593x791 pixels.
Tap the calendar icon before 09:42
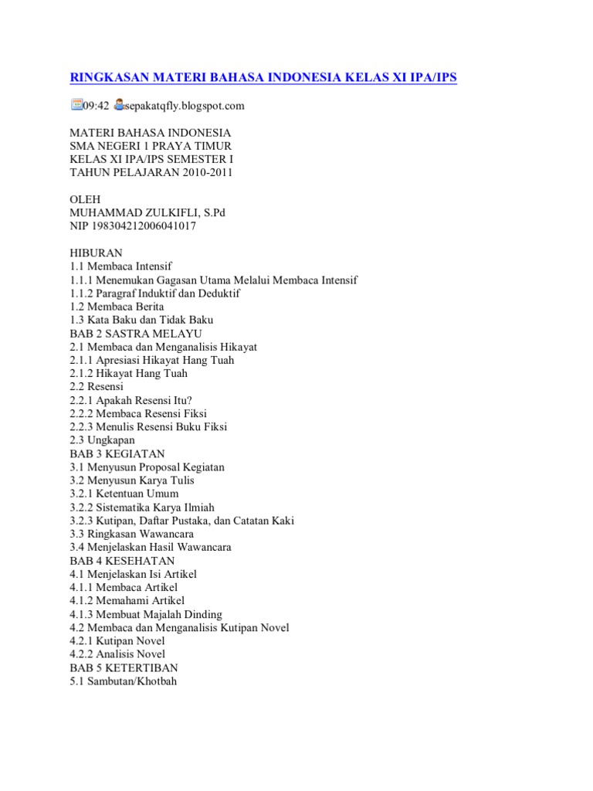[x=76, y=104]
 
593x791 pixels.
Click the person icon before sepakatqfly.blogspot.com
[x=118, y=104]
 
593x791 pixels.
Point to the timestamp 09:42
[x=96, y=105]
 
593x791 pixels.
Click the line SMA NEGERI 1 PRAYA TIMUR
[x=151, y=146]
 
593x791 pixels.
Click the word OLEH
[x=86, y=199]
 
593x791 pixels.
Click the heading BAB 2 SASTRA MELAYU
[x=136, y=333]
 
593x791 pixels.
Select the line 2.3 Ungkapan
[x=102, y=440]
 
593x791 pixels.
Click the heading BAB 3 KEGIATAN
[x=117, y=453]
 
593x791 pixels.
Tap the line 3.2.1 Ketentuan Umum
[x=124, y=494]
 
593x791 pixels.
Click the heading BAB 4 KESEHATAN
[x=122, y=560]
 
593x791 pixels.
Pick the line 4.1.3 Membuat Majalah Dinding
[x=146, y=614]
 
